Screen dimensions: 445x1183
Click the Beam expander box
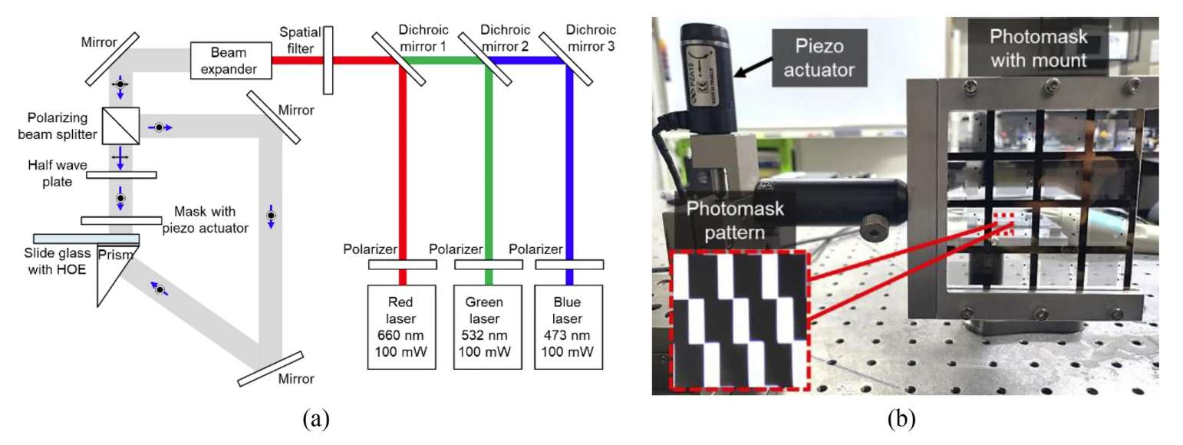tap(232, 61)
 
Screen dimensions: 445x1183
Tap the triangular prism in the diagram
tap(114, 272)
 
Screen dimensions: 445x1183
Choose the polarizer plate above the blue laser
tap(568, 265)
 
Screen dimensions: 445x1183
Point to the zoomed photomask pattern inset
tap(737, 311)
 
